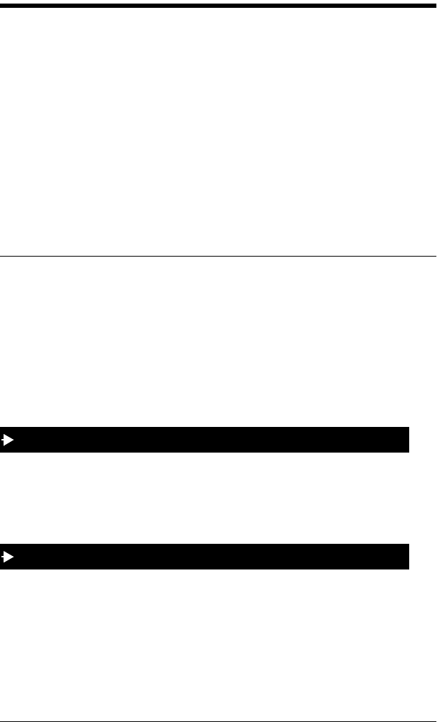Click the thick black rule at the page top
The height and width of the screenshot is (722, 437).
(x=218, y=6)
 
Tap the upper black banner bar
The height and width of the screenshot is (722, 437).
(x=214, y=440)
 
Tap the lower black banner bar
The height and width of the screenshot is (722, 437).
(x=214, y=557)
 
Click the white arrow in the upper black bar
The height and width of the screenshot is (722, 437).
(x=9, y=440)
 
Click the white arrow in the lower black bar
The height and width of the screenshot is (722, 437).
(x=9, y=557)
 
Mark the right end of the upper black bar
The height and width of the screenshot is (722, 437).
(x=407, y=440)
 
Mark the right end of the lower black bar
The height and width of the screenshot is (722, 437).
(x=407, y=557)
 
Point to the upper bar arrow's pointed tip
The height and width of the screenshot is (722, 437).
(x=14, y=440)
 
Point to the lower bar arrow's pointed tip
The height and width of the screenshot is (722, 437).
(x=14, y=557)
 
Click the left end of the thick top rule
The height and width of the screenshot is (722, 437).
(x=2, y=6)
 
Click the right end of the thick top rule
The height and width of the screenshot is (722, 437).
(x=434, y=6)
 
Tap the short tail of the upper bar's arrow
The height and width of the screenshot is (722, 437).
(x=3, y=440)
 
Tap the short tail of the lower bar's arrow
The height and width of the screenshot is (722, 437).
(x=3, y=557)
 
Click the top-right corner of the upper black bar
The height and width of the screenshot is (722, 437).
(x=408, y=428)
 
